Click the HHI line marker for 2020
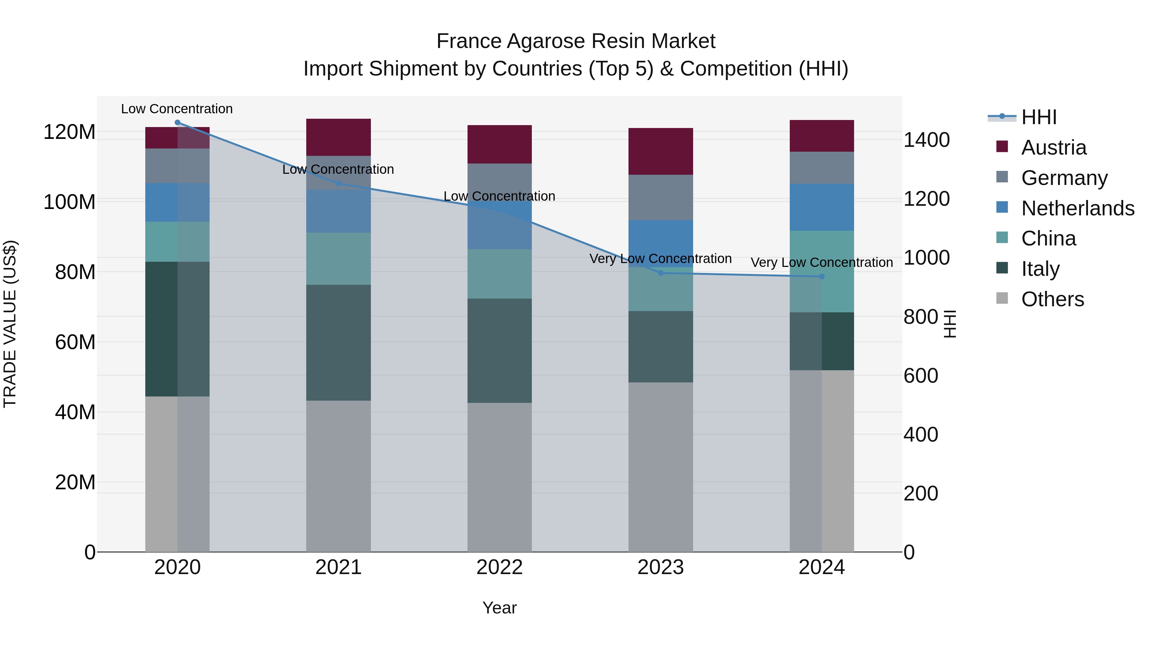point(178,123)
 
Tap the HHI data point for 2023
point(660,273)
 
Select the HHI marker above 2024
point(821,277)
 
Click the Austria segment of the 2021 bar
point(339,137)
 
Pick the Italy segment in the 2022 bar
point(500,351)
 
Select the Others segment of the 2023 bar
point(660,467)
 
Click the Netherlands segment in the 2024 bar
point(821,207)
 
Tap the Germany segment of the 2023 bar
point(660,197)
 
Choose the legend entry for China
point(1048,238)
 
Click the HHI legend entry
point(1038,117)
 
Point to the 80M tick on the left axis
point(75,272)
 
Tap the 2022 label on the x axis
point(500,567)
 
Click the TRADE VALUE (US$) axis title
point(10,324)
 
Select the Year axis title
point(500,608)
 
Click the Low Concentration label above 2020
point(177,109)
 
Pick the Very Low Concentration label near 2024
point(821,262)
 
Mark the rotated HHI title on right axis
point(949,324)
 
